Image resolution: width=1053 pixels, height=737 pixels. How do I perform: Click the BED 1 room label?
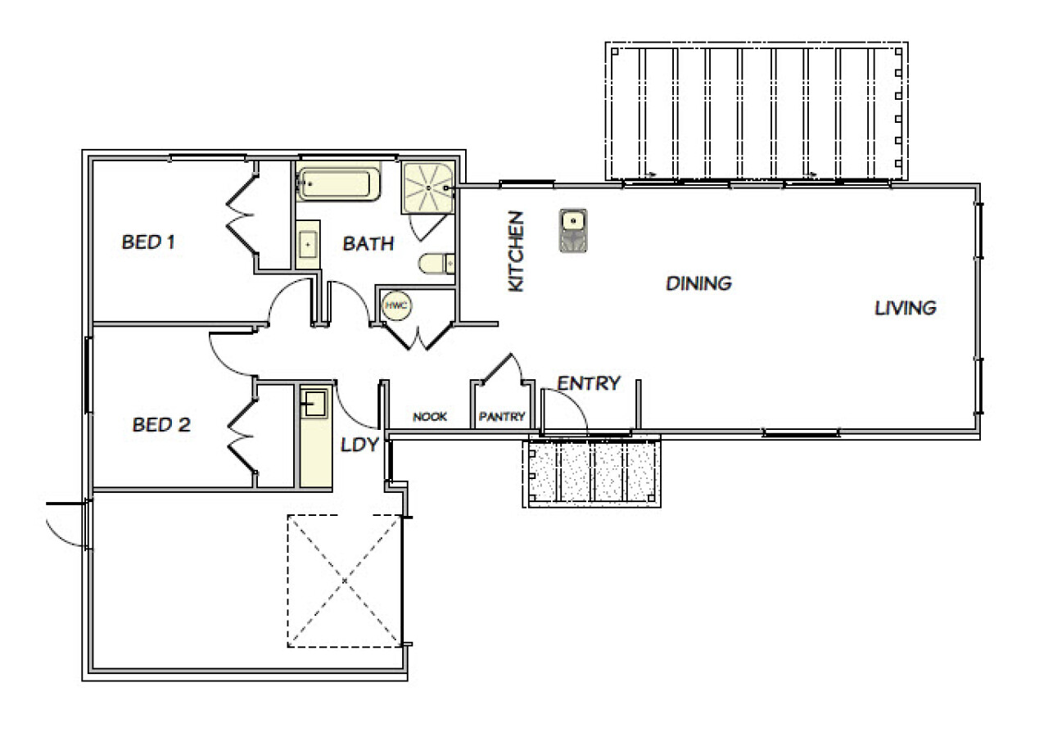point(149,242)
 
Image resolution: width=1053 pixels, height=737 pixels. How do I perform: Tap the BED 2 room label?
point(161,425)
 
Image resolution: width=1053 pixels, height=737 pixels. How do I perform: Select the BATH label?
point(368,243)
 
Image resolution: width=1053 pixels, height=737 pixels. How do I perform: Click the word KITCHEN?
point(516,251)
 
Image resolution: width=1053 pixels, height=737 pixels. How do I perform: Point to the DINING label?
point(698,284)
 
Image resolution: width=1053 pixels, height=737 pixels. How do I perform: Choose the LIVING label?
point(905,309)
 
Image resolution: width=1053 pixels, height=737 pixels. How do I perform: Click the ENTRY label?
point(589,383)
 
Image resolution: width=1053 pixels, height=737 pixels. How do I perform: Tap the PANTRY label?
point(501,417)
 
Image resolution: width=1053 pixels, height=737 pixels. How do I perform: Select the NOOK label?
point(429,417)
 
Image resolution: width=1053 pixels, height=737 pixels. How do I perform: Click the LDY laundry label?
point(359,445)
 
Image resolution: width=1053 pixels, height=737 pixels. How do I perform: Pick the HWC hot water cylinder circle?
point(395,305)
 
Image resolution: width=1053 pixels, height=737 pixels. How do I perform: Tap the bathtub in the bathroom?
point(338,184)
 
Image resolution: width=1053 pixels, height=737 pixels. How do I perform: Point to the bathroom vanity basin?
point(309,244)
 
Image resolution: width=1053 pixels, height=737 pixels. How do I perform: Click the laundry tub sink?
point(314,402)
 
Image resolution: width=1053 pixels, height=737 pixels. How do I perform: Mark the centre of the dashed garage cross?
point(345,581)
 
